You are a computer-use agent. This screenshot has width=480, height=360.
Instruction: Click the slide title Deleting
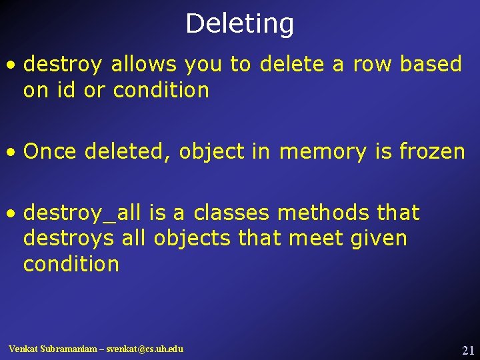click(239, 24)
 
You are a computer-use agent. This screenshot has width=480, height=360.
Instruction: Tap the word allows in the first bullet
click(144, 65)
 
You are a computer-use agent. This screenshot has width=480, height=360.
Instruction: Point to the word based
click(431, 65)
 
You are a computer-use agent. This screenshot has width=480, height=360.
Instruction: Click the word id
click(66, 90)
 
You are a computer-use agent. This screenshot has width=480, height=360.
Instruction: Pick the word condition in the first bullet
click(161, 90)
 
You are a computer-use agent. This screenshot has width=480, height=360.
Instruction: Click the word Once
click(51, 152)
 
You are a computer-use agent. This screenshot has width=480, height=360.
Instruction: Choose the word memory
click(323, 152)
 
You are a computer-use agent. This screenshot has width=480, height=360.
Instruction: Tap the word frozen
click(431, 152)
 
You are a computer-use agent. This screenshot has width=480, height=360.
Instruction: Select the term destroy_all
click(83, 213)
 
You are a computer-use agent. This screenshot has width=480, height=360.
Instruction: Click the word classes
click(231, 213)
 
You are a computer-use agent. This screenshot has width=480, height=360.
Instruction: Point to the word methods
click(323, 213)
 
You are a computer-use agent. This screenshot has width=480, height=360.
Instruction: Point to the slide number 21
click(467, 351)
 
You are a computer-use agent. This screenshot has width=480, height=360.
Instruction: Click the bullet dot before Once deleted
click(11, 153)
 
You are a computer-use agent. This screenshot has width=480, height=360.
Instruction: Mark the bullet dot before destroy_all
click(11, 214)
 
